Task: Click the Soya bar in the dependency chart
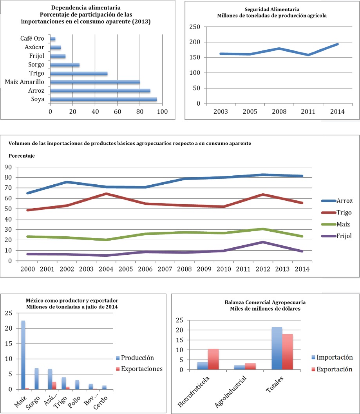click(x=103, y=100)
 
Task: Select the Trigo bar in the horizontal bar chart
click(x=79, y=73)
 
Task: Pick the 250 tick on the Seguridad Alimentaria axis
click(x=195, y=27)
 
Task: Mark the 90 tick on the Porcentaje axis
click(x=8, y=167)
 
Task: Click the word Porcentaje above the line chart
click(x=20, y=156)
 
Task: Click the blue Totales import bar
click(x=277, y=348)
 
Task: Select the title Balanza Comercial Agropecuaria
click(x=265, y=302)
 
